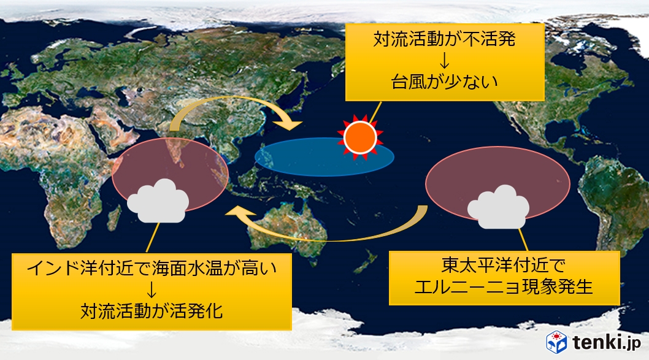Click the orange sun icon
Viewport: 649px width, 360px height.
[359, 137]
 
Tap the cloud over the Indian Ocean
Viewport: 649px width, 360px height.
[158, 201]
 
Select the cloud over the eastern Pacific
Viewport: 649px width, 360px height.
[498, 207]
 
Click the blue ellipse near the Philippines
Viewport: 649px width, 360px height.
[324, 157]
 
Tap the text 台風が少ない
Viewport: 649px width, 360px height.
[445, 82]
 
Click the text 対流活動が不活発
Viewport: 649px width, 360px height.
[445, 39]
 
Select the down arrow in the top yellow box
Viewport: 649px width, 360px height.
[445, 61]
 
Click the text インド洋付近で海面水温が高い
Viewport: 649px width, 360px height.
[152, 268]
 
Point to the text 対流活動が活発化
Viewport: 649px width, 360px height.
[152, 311]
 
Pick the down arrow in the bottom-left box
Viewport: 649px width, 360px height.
[152, 289]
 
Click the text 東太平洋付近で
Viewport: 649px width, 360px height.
[504, 265]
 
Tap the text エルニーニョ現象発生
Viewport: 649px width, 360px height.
[504, 287]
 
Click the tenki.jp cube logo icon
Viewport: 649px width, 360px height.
[557, 342]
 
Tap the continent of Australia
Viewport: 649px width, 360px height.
[289, 228]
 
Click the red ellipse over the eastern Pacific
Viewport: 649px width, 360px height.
[498, 183]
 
